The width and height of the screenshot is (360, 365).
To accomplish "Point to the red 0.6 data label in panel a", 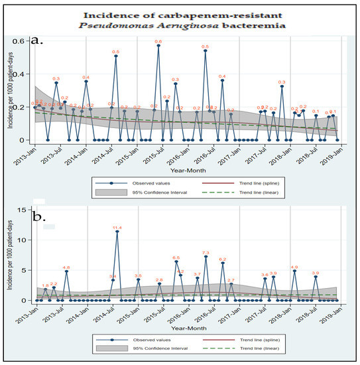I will (158, 42).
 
